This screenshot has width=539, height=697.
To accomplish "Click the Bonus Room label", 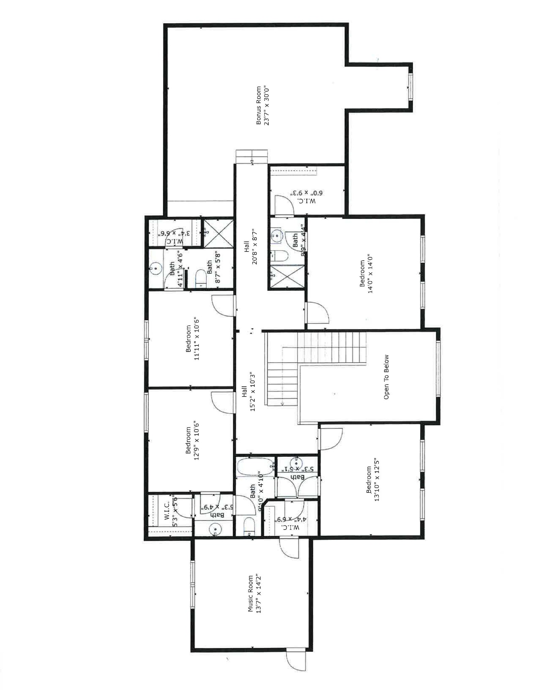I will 263,106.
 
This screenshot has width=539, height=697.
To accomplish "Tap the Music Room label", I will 254,594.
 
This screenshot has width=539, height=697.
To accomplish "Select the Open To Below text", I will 386,377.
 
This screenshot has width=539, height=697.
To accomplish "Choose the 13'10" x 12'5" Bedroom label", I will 372,480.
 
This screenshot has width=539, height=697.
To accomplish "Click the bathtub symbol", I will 255,467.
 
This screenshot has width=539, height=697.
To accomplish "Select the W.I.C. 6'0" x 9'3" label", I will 306,197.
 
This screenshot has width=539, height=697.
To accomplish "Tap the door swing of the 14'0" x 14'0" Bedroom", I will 317,312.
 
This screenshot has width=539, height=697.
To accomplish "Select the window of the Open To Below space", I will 438,368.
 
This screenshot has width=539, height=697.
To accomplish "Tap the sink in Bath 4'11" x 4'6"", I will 155,269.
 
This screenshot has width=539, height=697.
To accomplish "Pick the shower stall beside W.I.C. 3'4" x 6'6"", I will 219,233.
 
